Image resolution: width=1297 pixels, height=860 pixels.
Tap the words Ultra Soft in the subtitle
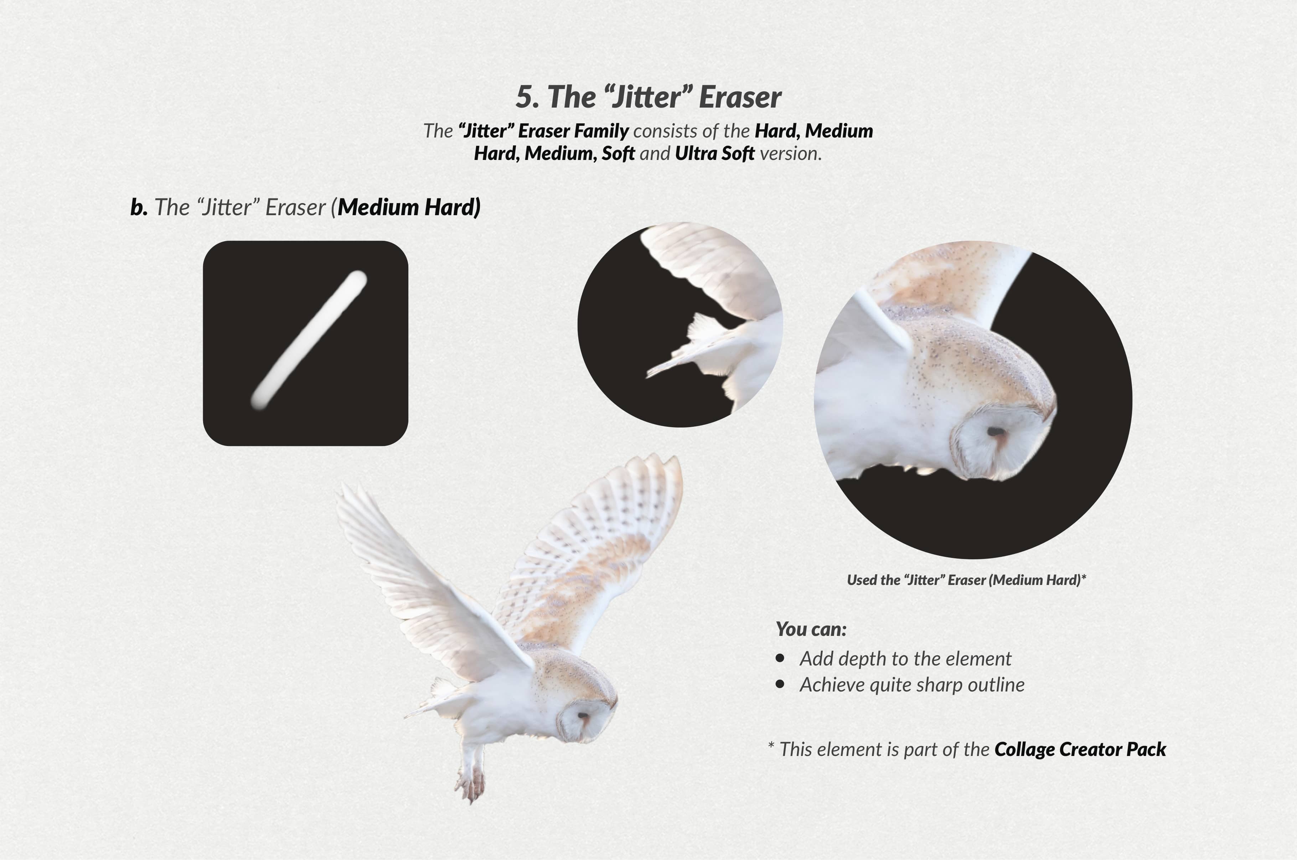coord(714,154)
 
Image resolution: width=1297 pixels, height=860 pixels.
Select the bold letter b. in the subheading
coord(139,207)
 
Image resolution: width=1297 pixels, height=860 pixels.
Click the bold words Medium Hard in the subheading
coord(409,207)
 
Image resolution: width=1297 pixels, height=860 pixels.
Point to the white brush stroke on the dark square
coord(309,340)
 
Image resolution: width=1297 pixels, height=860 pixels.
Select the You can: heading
coord(811,629)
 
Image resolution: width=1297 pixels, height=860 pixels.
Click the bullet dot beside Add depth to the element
coord(780,658)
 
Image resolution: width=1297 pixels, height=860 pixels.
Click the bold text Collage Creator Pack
coord(1080,749)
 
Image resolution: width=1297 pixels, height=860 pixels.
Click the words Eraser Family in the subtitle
coord(573,131)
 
